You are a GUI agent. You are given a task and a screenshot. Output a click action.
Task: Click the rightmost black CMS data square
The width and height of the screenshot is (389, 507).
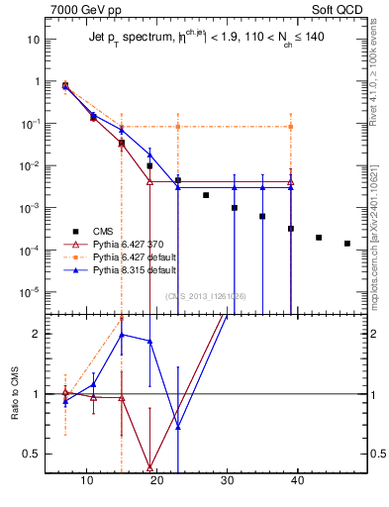pyautogui.click(x=346, y=244)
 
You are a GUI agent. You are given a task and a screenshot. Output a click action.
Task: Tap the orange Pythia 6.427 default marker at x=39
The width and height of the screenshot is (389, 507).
pyautogui.click(x=291, y=127)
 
